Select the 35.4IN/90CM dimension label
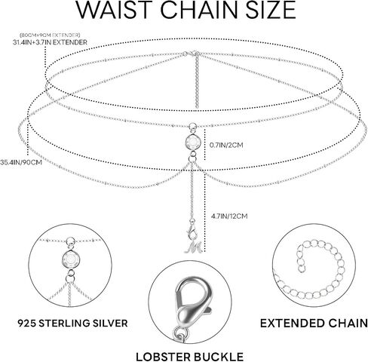21,162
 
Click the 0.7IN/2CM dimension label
226,145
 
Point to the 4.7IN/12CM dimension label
229,216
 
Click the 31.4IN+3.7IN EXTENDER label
50,42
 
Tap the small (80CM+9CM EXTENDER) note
50,35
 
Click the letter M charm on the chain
195,247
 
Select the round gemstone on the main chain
193,143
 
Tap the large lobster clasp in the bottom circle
192,303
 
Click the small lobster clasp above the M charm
191,231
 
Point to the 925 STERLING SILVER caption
72,323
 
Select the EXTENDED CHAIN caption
314,324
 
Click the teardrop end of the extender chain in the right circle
301,268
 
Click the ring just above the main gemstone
192,126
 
